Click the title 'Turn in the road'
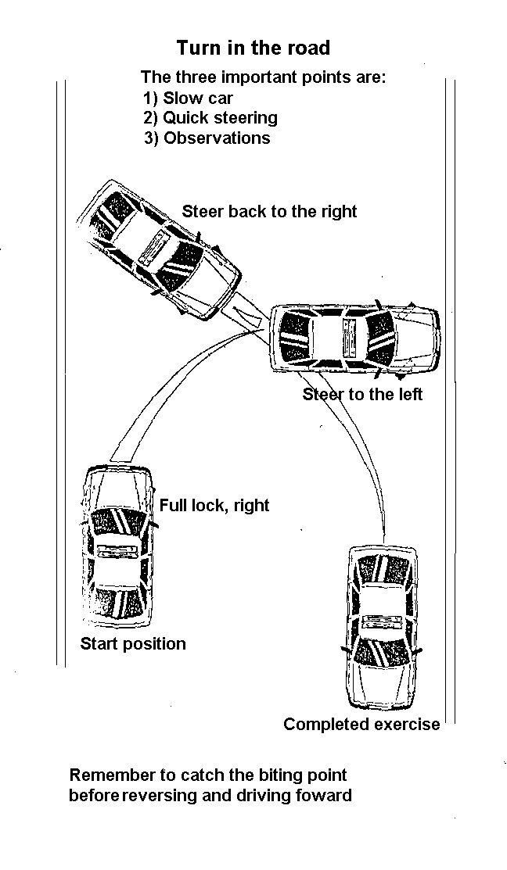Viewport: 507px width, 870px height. pyautogui.click(x=253, y=48)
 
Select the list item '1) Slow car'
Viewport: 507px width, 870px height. pyautogui.click(x=188, y=98)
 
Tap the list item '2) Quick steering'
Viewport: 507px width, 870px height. pyautogui.click(x=210, y=118)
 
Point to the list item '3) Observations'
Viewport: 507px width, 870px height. pyautogui.click(x=207, y=138)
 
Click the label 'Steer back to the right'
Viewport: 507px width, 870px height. pyautogui.click(x=269, y=211)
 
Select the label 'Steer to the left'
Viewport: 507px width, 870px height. pyautogui.click(x=362, y=395)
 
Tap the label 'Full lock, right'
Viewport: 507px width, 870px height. pyautogui.click(x=214, y=506)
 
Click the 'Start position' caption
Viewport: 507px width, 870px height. pyautogui.click(x=133, y=644)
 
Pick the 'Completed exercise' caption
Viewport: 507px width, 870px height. pyautogui.click(x=361, y=725)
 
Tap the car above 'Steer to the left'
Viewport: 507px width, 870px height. pyautogui.click(x=354, y=339)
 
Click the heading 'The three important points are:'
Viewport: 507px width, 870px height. pyautogui.click(x=263, y=78)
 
